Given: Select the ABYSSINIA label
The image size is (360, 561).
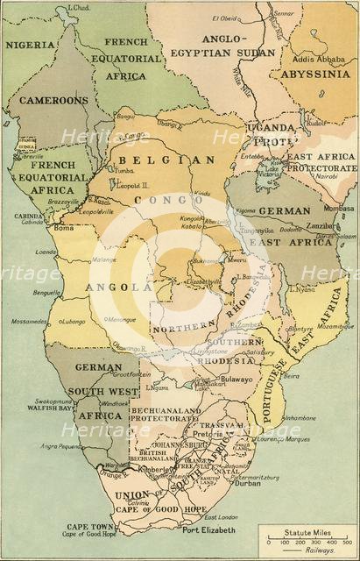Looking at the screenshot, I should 314,75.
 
